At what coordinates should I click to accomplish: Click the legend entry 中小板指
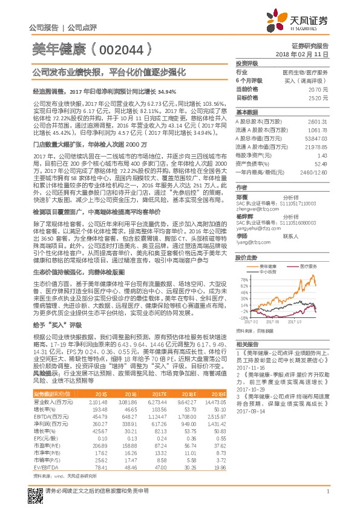(x=270, y=254)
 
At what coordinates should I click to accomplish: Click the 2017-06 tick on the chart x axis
(x=272, y=321)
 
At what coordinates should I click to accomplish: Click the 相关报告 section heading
(x=247, y=342)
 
